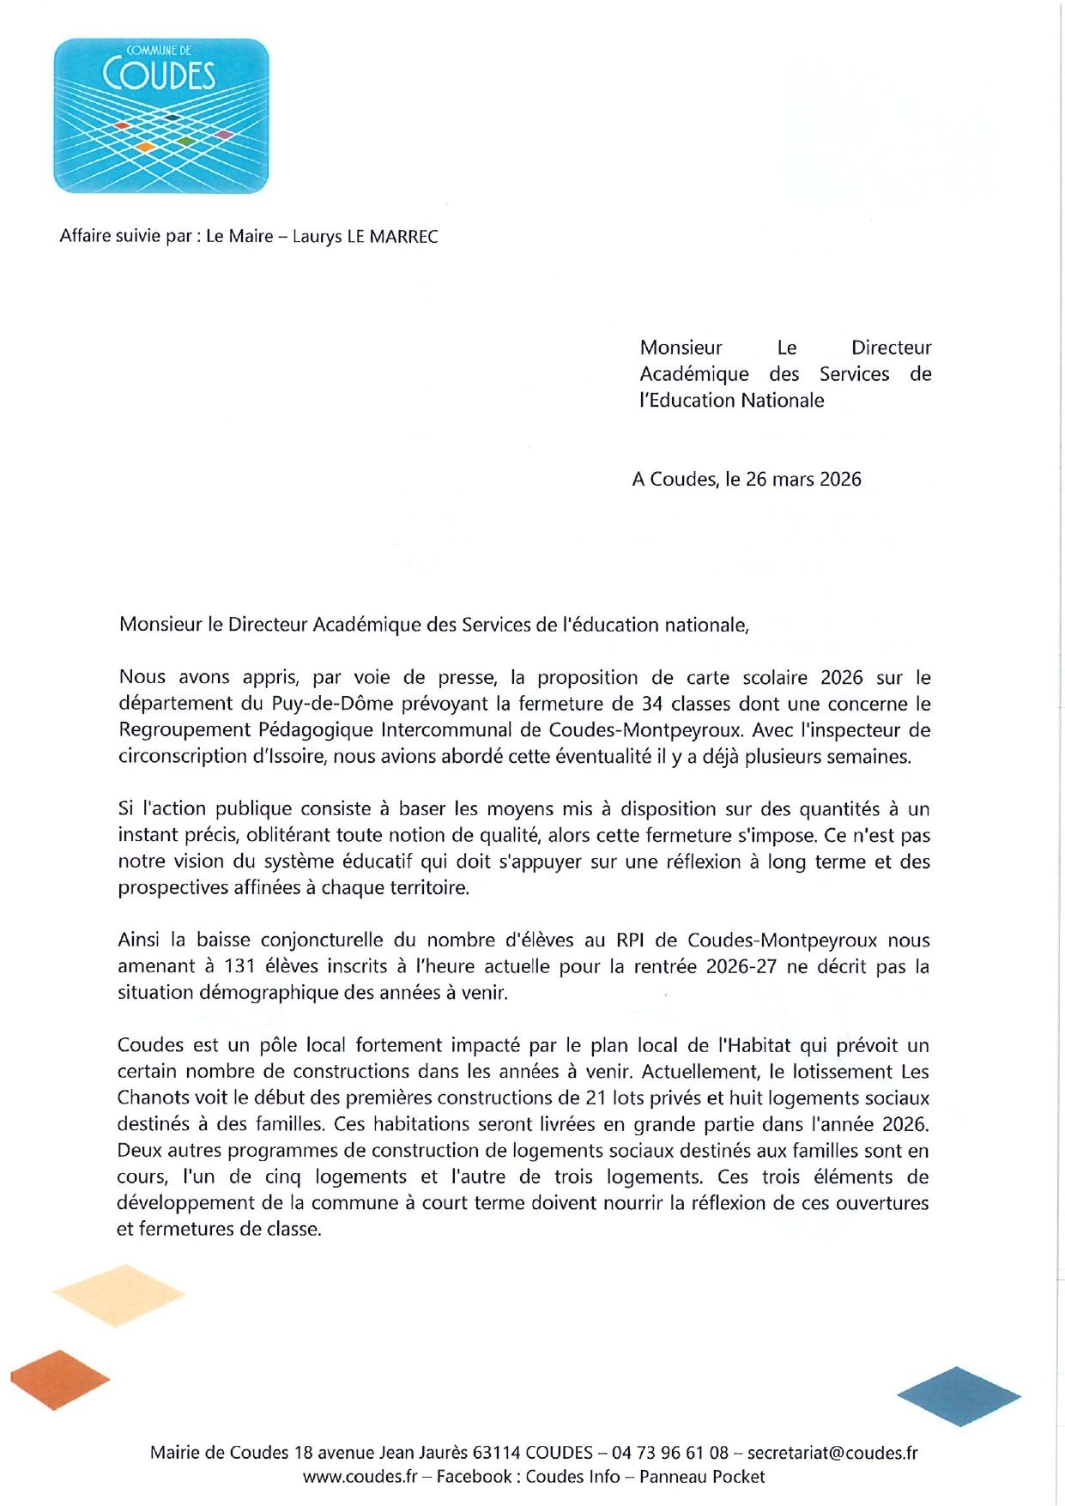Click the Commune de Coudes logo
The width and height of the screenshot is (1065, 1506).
[x=161, y=116]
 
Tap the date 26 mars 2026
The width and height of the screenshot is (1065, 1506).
[x=803, y=480]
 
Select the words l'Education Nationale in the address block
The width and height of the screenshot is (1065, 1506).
[x=731, y=401]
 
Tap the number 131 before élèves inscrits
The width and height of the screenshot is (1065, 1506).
[x=239, y=967]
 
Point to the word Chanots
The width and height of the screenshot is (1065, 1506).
[x=153, y=1098]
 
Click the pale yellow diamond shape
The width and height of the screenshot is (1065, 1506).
[x=118, y=1295]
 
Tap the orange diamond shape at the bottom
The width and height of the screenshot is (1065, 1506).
[x=60, y=1380]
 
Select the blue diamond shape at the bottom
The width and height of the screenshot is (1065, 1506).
[x=959, y=1396]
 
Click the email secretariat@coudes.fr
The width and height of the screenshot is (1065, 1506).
[x=832, y=1453]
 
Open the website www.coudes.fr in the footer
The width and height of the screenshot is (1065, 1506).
[x=360, y=1477]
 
